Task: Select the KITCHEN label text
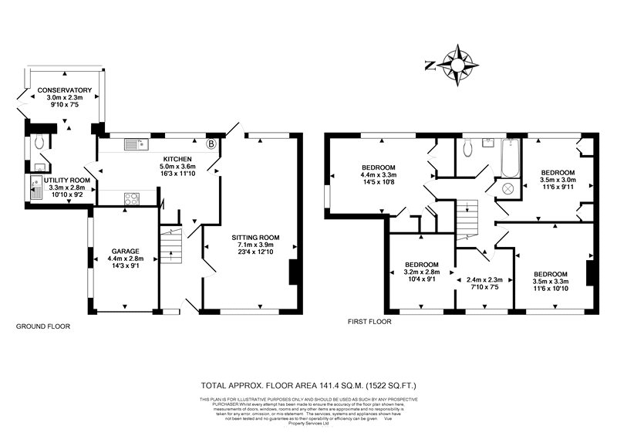[x=178, y=158]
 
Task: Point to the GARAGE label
[x=124, y=252]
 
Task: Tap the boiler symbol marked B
[x=212, y=144]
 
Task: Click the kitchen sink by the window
[x=136, y=144]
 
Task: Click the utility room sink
[x=36, y=187]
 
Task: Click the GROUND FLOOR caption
[x=43, y=326]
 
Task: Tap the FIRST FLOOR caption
[x=369, y=321]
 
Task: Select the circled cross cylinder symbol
[x=508, y=188]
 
